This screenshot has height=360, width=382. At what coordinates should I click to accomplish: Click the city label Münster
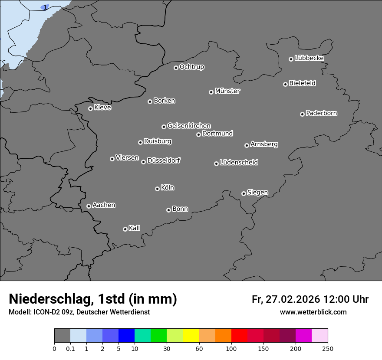pos(227,91)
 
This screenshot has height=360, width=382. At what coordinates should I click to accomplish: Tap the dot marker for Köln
pos(157,189)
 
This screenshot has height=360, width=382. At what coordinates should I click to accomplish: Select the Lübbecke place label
pos(309,58)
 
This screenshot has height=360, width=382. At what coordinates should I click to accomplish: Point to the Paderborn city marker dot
pos(302,114)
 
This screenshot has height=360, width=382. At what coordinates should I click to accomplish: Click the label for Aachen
pos(104,205)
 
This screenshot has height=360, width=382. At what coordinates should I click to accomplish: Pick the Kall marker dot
pos(125,229)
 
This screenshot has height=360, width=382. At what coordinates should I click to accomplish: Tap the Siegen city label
pos(257,193)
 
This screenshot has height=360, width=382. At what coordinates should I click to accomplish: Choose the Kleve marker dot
pos(90,108)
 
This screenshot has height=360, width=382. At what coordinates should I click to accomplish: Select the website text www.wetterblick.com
pos(313,312)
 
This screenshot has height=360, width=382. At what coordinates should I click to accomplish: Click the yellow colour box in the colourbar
pos(191,336)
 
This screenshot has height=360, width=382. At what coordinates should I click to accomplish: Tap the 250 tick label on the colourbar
pos(328,348)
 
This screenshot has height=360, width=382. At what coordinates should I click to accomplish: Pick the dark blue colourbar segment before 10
pos(126,336)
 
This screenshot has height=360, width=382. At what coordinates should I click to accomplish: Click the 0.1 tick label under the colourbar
pos(70,348)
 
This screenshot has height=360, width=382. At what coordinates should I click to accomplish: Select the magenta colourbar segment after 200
pos(303,336)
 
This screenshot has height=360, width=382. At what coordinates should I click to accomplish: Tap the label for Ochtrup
pos(191,67)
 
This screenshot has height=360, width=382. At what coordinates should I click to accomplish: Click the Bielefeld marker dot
pos(285,84)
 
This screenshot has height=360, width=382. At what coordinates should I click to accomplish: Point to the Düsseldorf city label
pos(164,160)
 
